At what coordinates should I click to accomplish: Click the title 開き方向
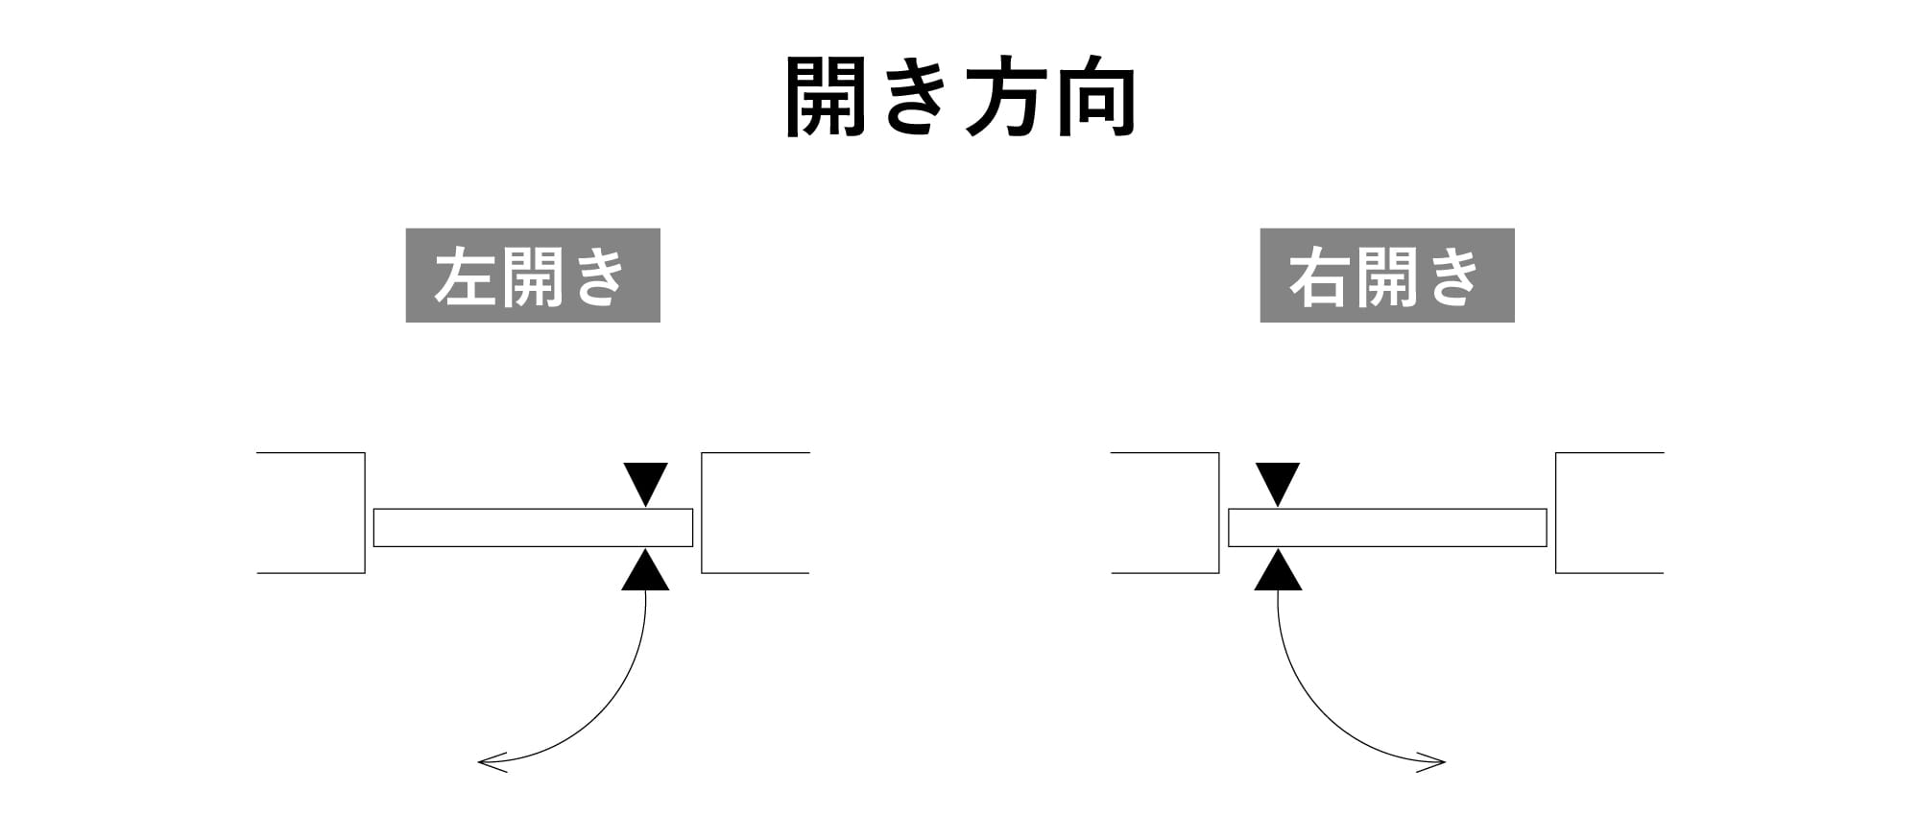click(x=960, y=97)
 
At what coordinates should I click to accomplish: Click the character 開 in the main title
click(x=827, y=97)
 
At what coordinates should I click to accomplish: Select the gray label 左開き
click(x=533, y=276)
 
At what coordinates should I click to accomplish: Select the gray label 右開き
click(x=1386, y=276)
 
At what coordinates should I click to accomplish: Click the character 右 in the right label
click(x=1319, y=277)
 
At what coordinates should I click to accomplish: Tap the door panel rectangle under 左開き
click(x=533, y=527)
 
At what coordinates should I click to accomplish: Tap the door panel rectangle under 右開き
click(x=1387, y=527)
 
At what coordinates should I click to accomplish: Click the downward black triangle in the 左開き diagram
click(x=645, y=481)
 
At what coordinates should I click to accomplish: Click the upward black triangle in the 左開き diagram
click(x=645, y=573)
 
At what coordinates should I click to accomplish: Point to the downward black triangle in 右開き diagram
click(x=1278, y=481)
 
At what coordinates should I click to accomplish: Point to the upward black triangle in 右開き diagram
click(x=1278, y=573)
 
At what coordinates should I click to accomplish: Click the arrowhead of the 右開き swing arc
click(x=1436, y=763)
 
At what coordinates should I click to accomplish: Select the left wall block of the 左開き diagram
click(x=312, y=513)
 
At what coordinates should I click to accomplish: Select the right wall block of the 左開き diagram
click(x=755, y=513)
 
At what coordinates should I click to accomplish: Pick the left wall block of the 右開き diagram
click(x=1166, y=513)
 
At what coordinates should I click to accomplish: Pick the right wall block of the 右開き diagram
click(x=1608, y=513)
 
